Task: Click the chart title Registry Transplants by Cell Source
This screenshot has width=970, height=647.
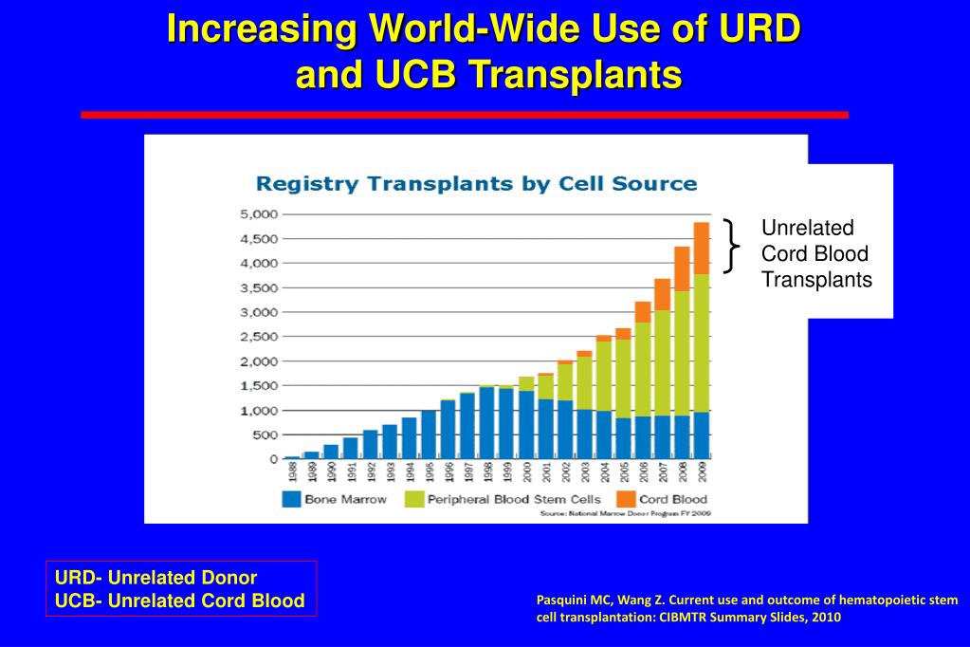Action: pos(477,183)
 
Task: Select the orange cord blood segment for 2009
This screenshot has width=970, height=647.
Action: pos(701,248)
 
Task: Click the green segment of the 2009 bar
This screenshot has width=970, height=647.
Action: pos(701,342)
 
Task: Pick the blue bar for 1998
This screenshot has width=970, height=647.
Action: pos(486,422)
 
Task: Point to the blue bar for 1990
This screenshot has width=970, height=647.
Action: pos(331,452)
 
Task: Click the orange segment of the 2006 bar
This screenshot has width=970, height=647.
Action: pos(642,312)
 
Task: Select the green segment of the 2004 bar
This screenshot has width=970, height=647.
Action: pos(603,376)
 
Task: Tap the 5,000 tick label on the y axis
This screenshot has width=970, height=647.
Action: pos(259,214)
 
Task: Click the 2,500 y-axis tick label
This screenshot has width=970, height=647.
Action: pos(259,337)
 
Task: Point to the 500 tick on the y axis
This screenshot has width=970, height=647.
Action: pos(265,434)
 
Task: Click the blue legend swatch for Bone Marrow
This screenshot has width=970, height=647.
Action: pos(291,499)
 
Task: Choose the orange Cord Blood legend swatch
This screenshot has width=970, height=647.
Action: pos(625,499)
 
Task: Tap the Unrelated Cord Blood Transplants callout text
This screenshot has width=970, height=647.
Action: pos(816,254)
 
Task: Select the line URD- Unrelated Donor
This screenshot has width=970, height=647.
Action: pos(156,577)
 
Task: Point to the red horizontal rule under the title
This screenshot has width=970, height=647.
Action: pos(464,115)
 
